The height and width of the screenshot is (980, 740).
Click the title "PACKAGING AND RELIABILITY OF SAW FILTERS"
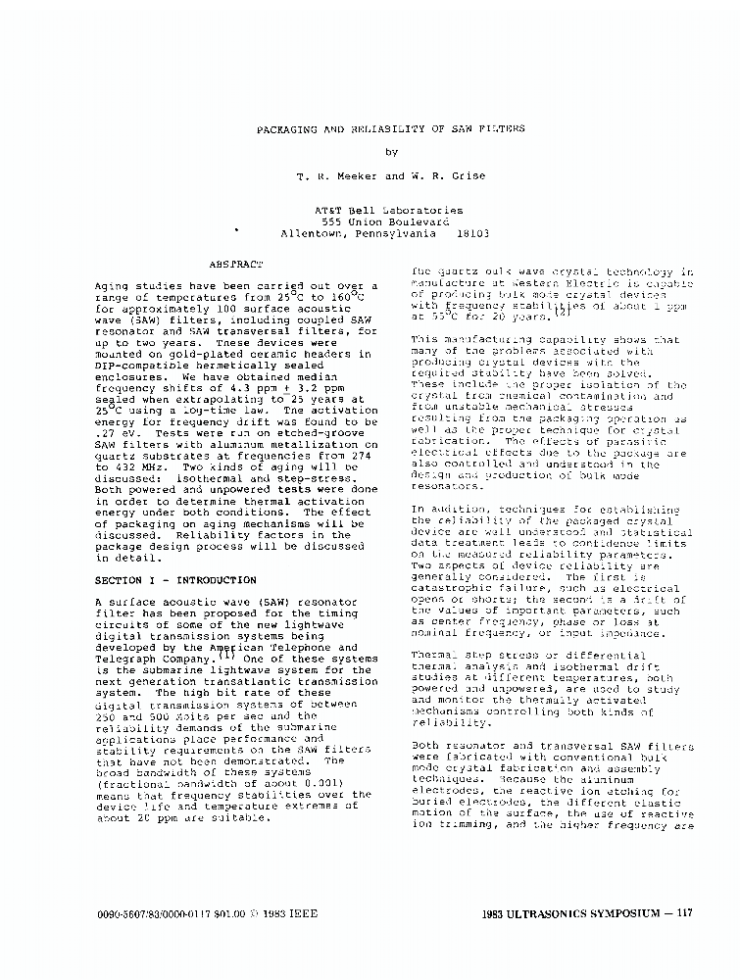click(x=390, y=128)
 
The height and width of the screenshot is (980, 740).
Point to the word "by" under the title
click(x=391, y=152)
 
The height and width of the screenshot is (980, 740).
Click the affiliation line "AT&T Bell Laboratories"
click(x=389, y=210)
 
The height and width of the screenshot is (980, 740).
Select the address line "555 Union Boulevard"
click(x=391, y=222)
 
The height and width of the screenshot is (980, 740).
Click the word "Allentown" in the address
click(x=313, y=234)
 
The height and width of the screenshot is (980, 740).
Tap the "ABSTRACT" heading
click(x=236, y=264)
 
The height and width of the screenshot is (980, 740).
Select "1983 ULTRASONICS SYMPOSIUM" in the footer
click(x=570, y=913)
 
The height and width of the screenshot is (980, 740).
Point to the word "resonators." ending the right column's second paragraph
click(x=448, y=486)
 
